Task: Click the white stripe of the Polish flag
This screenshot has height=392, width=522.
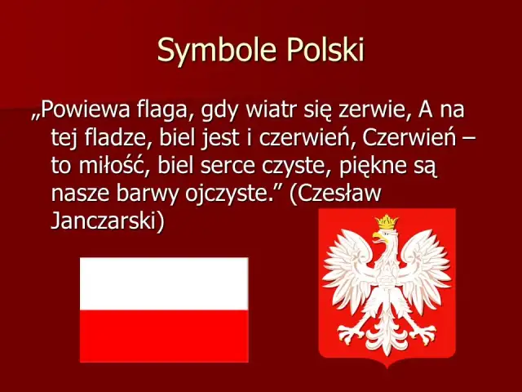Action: coord(163,283)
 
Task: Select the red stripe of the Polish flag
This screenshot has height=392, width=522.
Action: coord(163,336)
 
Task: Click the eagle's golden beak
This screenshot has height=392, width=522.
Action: coord(376,238)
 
